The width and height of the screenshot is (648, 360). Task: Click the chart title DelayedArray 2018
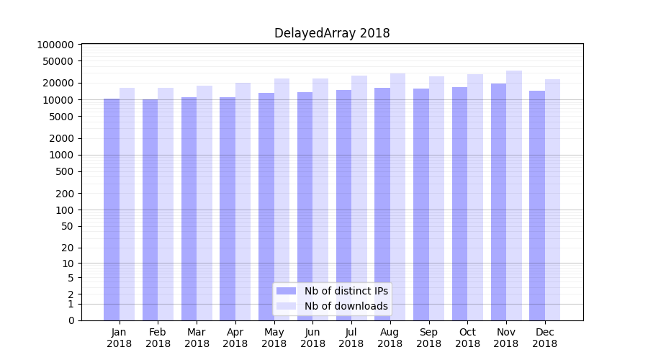click(x=332, y=33)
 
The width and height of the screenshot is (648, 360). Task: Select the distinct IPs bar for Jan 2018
click(x=112, y=209)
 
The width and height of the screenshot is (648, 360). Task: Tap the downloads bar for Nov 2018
click(x=514, y=194)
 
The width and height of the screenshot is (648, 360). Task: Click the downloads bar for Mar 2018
click(x=204, y=202)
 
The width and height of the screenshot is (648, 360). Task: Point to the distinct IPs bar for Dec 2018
click(x=537, y=205)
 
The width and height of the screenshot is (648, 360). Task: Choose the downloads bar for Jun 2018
click(x=320, y=199)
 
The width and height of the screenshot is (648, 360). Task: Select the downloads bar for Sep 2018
click(x=436, y=198)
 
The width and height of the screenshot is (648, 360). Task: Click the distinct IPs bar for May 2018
click(x=266, y=206)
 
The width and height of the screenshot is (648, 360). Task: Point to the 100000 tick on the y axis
click(x=55, y=45)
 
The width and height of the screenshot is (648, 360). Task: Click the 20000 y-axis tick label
click(x=58, y=83)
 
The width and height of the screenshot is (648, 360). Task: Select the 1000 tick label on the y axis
click(x=60, y=155)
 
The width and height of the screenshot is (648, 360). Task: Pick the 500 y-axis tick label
click(x=63, y=171)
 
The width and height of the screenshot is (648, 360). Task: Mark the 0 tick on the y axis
click(x=71, y=320)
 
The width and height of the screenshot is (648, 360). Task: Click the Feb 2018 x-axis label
click(x=158, y=338)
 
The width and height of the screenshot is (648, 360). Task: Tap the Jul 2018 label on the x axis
click(x=351, y=338)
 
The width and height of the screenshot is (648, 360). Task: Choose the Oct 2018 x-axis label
click(x=467, y=338)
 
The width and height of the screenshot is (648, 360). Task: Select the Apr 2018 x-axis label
click(x=235, y=338)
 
